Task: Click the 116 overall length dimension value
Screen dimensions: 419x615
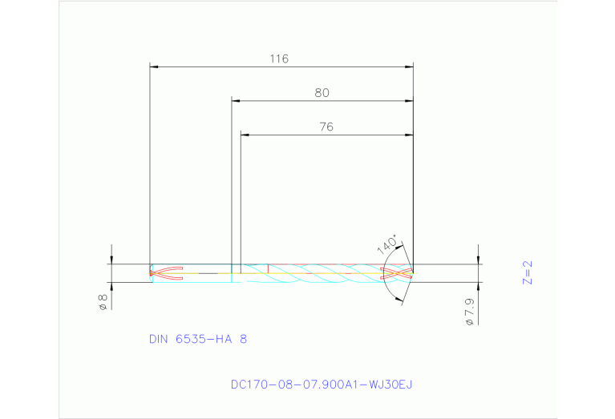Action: [279, 58]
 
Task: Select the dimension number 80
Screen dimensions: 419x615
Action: [322, 93]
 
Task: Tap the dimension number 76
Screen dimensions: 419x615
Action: [326, 127]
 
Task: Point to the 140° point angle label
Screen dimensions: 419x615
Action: [388, 244]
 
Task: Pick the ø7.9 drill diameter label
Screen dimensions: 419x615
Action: [470, 311]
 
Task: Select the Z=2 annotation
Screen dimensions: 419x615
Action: [528, 273]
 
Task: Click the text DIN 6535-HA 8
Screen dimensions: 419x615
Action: [198, 339]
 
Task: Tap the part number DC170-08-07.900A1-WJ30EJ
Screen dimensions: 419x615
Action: [321, 385]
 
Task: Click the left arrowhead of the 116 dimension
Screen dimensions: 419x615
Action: [155, 66]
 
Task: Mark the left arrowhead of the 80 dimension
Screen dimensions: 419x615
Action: [236, 101]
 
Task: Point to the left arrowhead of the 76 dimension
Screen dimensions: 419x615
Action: [245, 135]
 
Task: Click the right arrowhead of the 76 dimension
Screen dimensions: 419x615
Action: [408, 135]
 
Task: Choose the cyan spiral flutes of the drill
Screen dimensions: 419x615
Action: [321, 273]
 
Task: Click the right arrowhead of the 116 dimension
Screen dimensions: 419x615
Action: [408, 66]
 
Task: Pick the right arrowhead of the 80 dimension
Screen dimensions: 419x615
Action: [408, 101]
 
